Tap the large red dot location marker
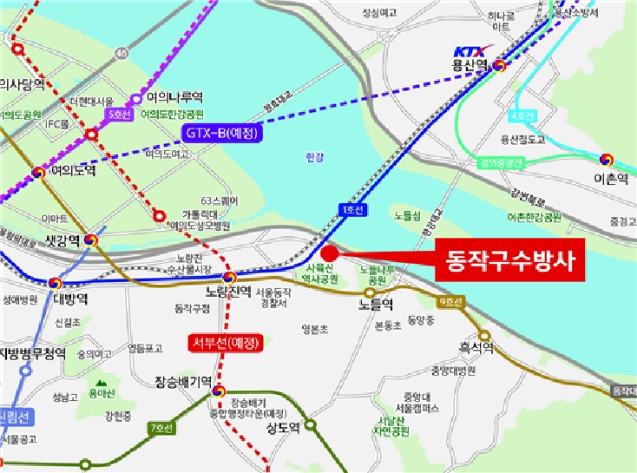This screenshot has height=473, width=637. (330, 253)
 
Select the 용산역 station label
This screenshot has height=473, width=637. (470, 66)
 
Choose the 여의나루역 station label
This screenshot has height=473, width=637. (174, 97)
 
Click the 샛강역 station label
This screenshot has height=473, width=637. (62, 240)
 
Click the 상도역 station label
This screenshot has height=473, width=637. (282, 427)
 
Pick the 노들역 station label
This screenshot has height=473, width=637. (376, 304)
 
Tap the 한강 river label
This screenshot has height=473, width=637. (314, 156)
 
